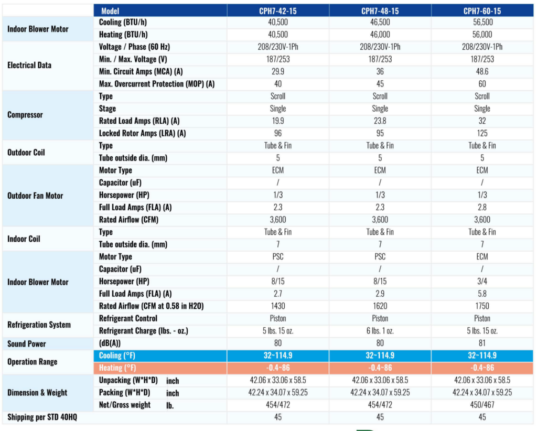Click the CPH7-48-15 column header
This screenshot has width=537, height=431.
tap(380, 10)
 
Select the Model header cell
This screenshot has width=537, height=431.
tap(110, 10)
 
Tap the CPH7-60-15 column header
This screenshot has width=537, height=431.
tap(482, 10)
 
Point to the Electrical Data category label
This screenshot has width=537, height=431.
tap(30, 66)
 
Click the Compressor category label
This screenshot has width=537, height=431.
tap(25, 115)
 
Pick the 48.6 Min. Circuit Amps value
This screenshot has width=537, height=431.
tap(482, 71)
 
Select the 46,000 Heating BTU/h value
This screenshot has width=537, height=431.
tap(380, 35)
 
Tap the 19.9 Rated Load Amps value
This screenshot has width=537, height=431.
tap(278, 121)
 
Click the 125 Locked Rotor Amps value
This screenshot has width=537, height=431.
tap(482, 133)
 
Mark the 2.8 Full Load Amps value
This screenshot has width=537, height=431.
tap(482, 207)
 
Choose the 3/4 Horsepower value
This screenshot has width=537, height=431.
tap(482, 282)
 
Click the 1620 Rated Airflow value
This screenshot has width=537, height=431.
tap(380, 306)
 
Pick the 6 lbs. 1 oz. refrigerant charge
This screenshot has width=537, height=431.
tap(380, 331)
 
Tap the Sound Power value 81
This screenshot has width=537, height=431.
tap(482, 344)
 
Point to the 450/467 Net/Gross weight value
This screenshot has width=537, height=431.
tap(482, 405)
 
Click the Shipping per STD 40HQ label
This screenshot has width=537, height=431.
tap(46, 417)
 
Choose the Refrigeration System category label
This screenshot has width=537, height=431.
tap(39, 325)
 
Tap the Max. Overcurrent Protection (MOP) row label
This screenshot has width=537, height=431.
tap(157, 84)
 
